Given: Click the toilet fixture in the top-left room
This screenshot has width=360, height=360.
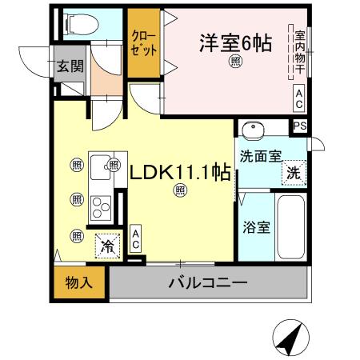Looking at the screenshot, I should pyautogui.click(x=78, y=26).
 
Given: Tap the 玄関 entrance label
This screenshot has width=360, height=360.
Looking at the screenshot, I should pyautogui.click(x=69, y=66).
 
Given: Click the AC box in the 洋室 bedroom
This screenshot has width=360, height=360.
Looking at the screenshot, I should pyautogui.click(x=298, y=98).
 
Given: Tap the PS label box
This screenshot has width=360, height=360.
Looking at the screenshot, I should pyautogui.click(x=299, y=126).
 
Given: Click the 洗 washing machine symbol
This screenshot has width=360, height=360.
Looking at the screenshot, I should pyautogui.click(x=294, y=173).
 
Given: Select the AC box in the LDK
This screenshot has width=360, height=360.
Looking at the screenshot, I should pyautogui.click(x=135, y=239).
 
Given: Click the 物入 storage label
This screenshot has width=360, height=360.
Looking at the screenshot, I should pyautogui.click(x=79, y=283).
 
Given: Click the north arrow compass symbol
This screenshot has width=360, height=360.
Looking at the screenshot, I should pyautogui.click(x=291, y=338).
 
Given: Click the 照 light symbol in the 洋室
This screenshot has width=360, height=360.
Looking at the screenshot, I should pyautogui.click(x=235, y=62).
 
